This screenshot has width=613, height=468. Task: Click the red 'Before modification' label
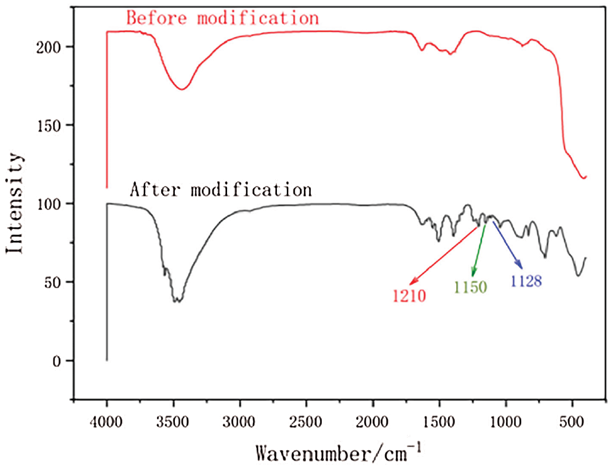pyautogui.click(x=222, y=18)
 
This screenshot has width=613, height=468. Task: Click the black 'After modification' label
pyautogui.click(x=220, y=188)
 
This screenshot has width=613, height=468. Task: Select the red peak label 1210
pyautogui.click(x=409, y=296)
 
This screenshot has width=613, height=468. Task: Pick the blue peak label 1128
pyautogui.click(x=526, y=281)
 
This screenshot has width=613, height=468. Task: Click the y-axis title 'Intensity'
pyautogui.click(x=15, y=204)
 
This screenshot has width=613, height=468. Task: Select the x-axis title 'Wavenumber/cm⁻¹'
pyautogui.click(x=339, y=454)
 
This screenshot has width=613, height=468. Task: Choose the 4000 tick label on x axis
pyautogui.click(x=107, y=423)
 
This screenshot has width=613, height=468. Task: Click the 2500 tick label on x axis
pyautogui.click(x=306, y=423)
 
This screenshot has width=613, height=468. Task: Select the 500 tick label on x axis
pyautogui.click(x=572, y=423)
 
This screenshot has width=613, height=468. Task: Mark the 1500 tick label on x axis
pyautogui.click(x=439, y=423)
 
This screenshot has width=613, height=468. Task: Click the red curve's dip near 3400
pyautogui.click(x=182, y=89)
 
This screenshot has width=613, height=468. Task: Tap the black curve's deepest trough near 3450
pyautogui.click(x=177, y=301)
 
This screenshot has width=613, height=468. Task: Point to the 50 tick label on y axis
pyautogui.click(x=58, y=282)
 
